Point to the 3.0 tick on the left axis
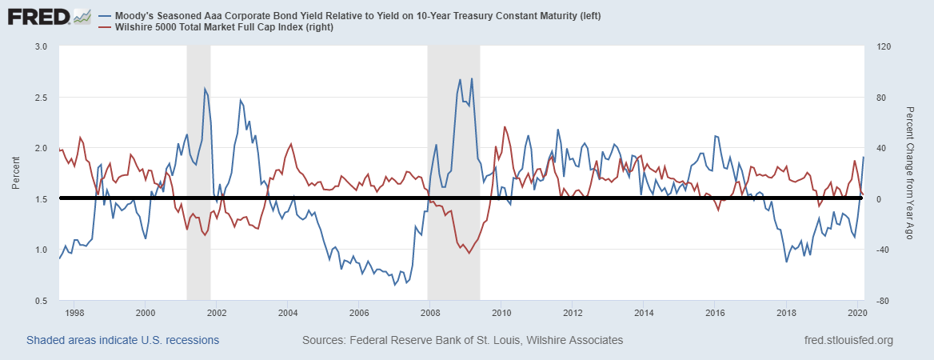point(40,46)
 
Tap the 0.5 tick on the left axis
point(40,301)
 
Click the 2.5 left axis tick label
point(40,98)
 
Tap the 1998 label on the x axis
point(74,313)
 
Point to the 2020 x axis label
point(857,313)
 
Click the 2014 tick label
point(644,313)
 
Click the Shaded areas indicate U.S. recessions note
point(123,340)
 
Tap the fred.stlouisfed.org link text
point(848,340)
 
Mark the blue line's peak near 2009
point(460,78)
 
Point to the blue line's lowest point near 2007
point(395,285)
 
